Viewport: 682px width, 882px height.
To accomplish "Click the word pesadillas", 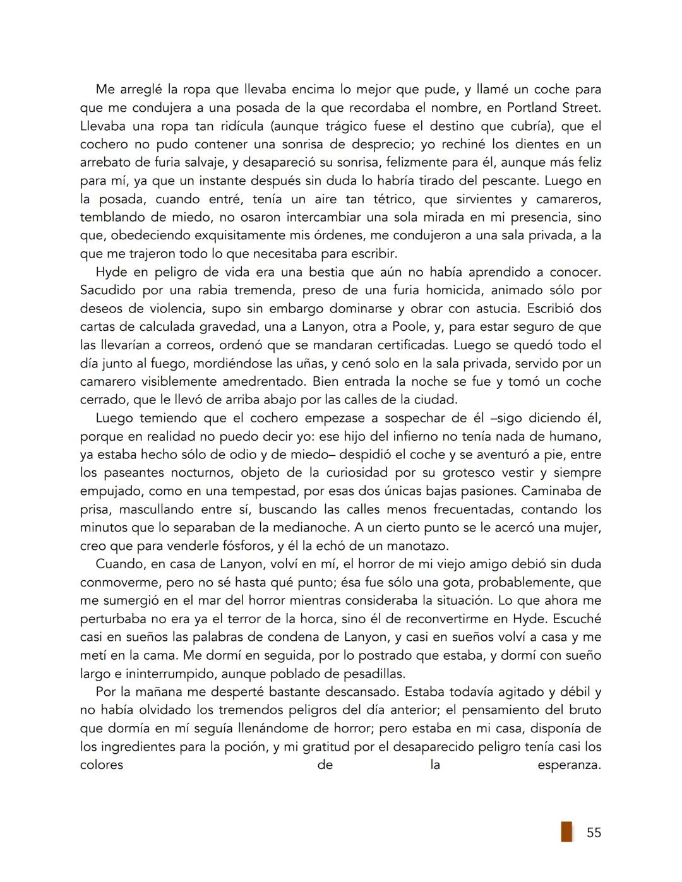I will (x=373, y=674).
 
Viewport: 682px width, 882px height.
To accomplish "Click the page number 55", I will (x=594, y=832).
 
